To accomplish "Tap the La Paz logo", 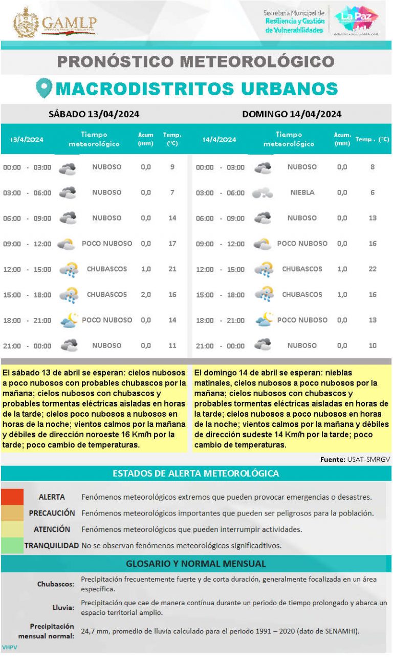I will pyautogui.click(x=356, y=20).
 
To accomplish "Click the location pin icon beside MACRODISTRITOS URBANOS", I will pyautogui.click(x=44, y=89).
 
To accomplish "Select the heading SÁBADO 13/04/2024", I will pyautogui.click(x=94, y=114).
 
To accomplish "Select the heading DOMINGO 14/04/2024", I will pyautogui.click(x=292, y=114).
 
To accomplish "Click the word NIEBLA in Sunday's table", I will pyautogui.click(x=302, y=192).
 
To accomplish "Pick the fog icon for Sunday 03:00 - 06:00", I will pyautogui.click(x=263, y=193).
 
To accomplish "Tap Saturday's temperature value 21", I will pyautogui.click(x=172, y=269).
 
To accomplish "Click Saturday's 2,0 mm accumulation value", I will pyautogui.click(x=146, y=294).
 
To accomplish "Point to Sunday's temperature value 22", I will pyautogui.click(x=373, y=269).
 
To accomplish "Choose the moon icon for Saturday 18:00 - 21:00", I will pyautogui.click(x=68, y=320).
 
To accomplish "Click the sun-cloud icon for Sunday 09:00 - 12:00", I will pyautogui.click(x=263, y=244).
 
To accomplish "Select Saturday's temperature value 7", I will pyautogui.click(x=172, y=192).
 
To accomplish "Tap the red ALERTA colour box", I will pyautogui.click(x=12, y=497).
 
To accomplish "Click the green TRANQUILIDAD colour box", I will pyautogui.click(x=12, y=546).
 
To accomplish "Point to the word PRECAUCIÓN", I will pyautogui.click(x=52, y=513).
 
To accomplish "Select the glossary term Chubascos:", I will pyautogui.click(x=56, y=584).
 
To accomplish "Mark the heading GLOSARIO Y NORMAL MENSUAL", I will pyautogui.click(x=196, y=564).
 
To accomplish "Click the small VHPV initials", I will pyautogui.click(x=9, y=648).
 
